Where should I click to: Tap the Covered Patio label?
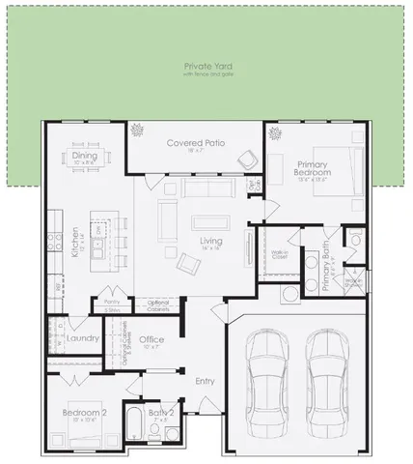[x=196, y=143]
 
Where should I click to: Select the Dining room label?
[x=85, y=156]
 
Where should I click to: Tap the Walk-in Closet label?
[x=280, y=255]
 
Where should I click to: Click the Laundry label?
[x=85, y=338]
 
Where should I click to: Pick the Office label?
[x=151, y=339]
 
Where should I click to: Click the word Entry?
[x=205, y=381]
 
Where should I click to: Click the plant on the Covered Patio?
[x=137, y=130]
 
